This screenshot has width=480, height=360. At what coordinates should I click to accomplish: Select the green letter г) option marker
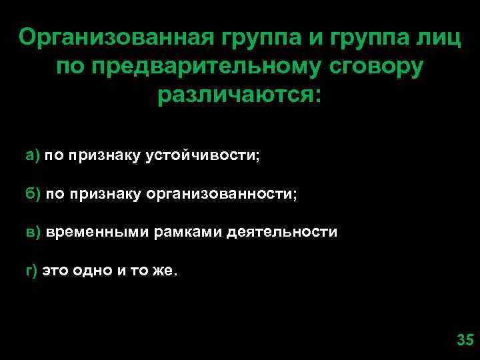pyautogui.click(x=31, y=271)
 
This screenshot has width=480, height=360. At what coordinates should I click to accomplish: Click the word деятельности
pyautogui.click(x=282, y=233)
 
